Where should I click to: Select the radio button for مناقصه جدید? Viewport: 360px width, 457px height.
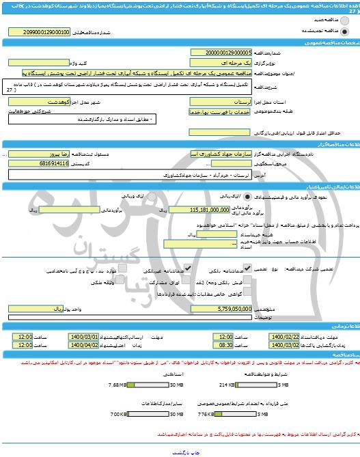click(345, 20)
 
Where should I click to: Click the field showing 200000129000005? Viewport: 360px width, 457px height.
click(223, 51)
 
